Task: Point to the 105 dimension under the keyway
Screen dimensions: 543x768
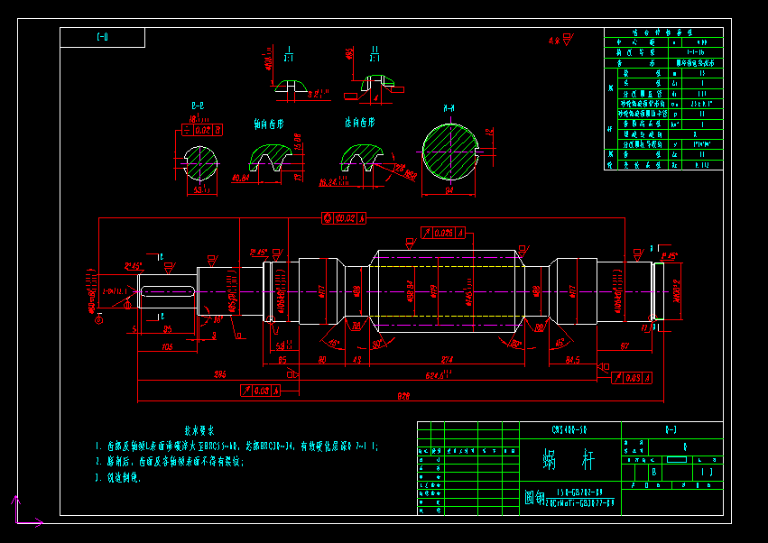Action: pyautogui.click(x=167, y=345)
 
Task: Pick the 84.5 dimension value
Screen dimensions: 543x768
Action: pyautogui.click(x=571, y=360)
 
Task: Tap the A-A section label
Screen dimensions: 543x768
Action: pyautogui.click(x=449, y=108)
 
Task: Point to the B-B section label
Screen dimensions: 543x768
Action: pyautogui.click(x=197, y=107)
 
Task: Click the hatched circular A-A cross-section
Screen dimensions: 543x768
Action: pyautogui.click(x=449, y=153)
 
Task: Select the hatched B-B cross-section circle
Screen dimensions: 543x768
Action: pyautogui.click(x=199, y=162)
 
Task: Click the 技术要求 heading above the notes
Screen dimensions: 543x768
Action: pyautogui.click(x=199, y=431)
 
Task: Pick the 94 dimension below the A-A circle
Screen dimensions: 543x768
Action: pyautogui.click(x=449, y=191)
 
